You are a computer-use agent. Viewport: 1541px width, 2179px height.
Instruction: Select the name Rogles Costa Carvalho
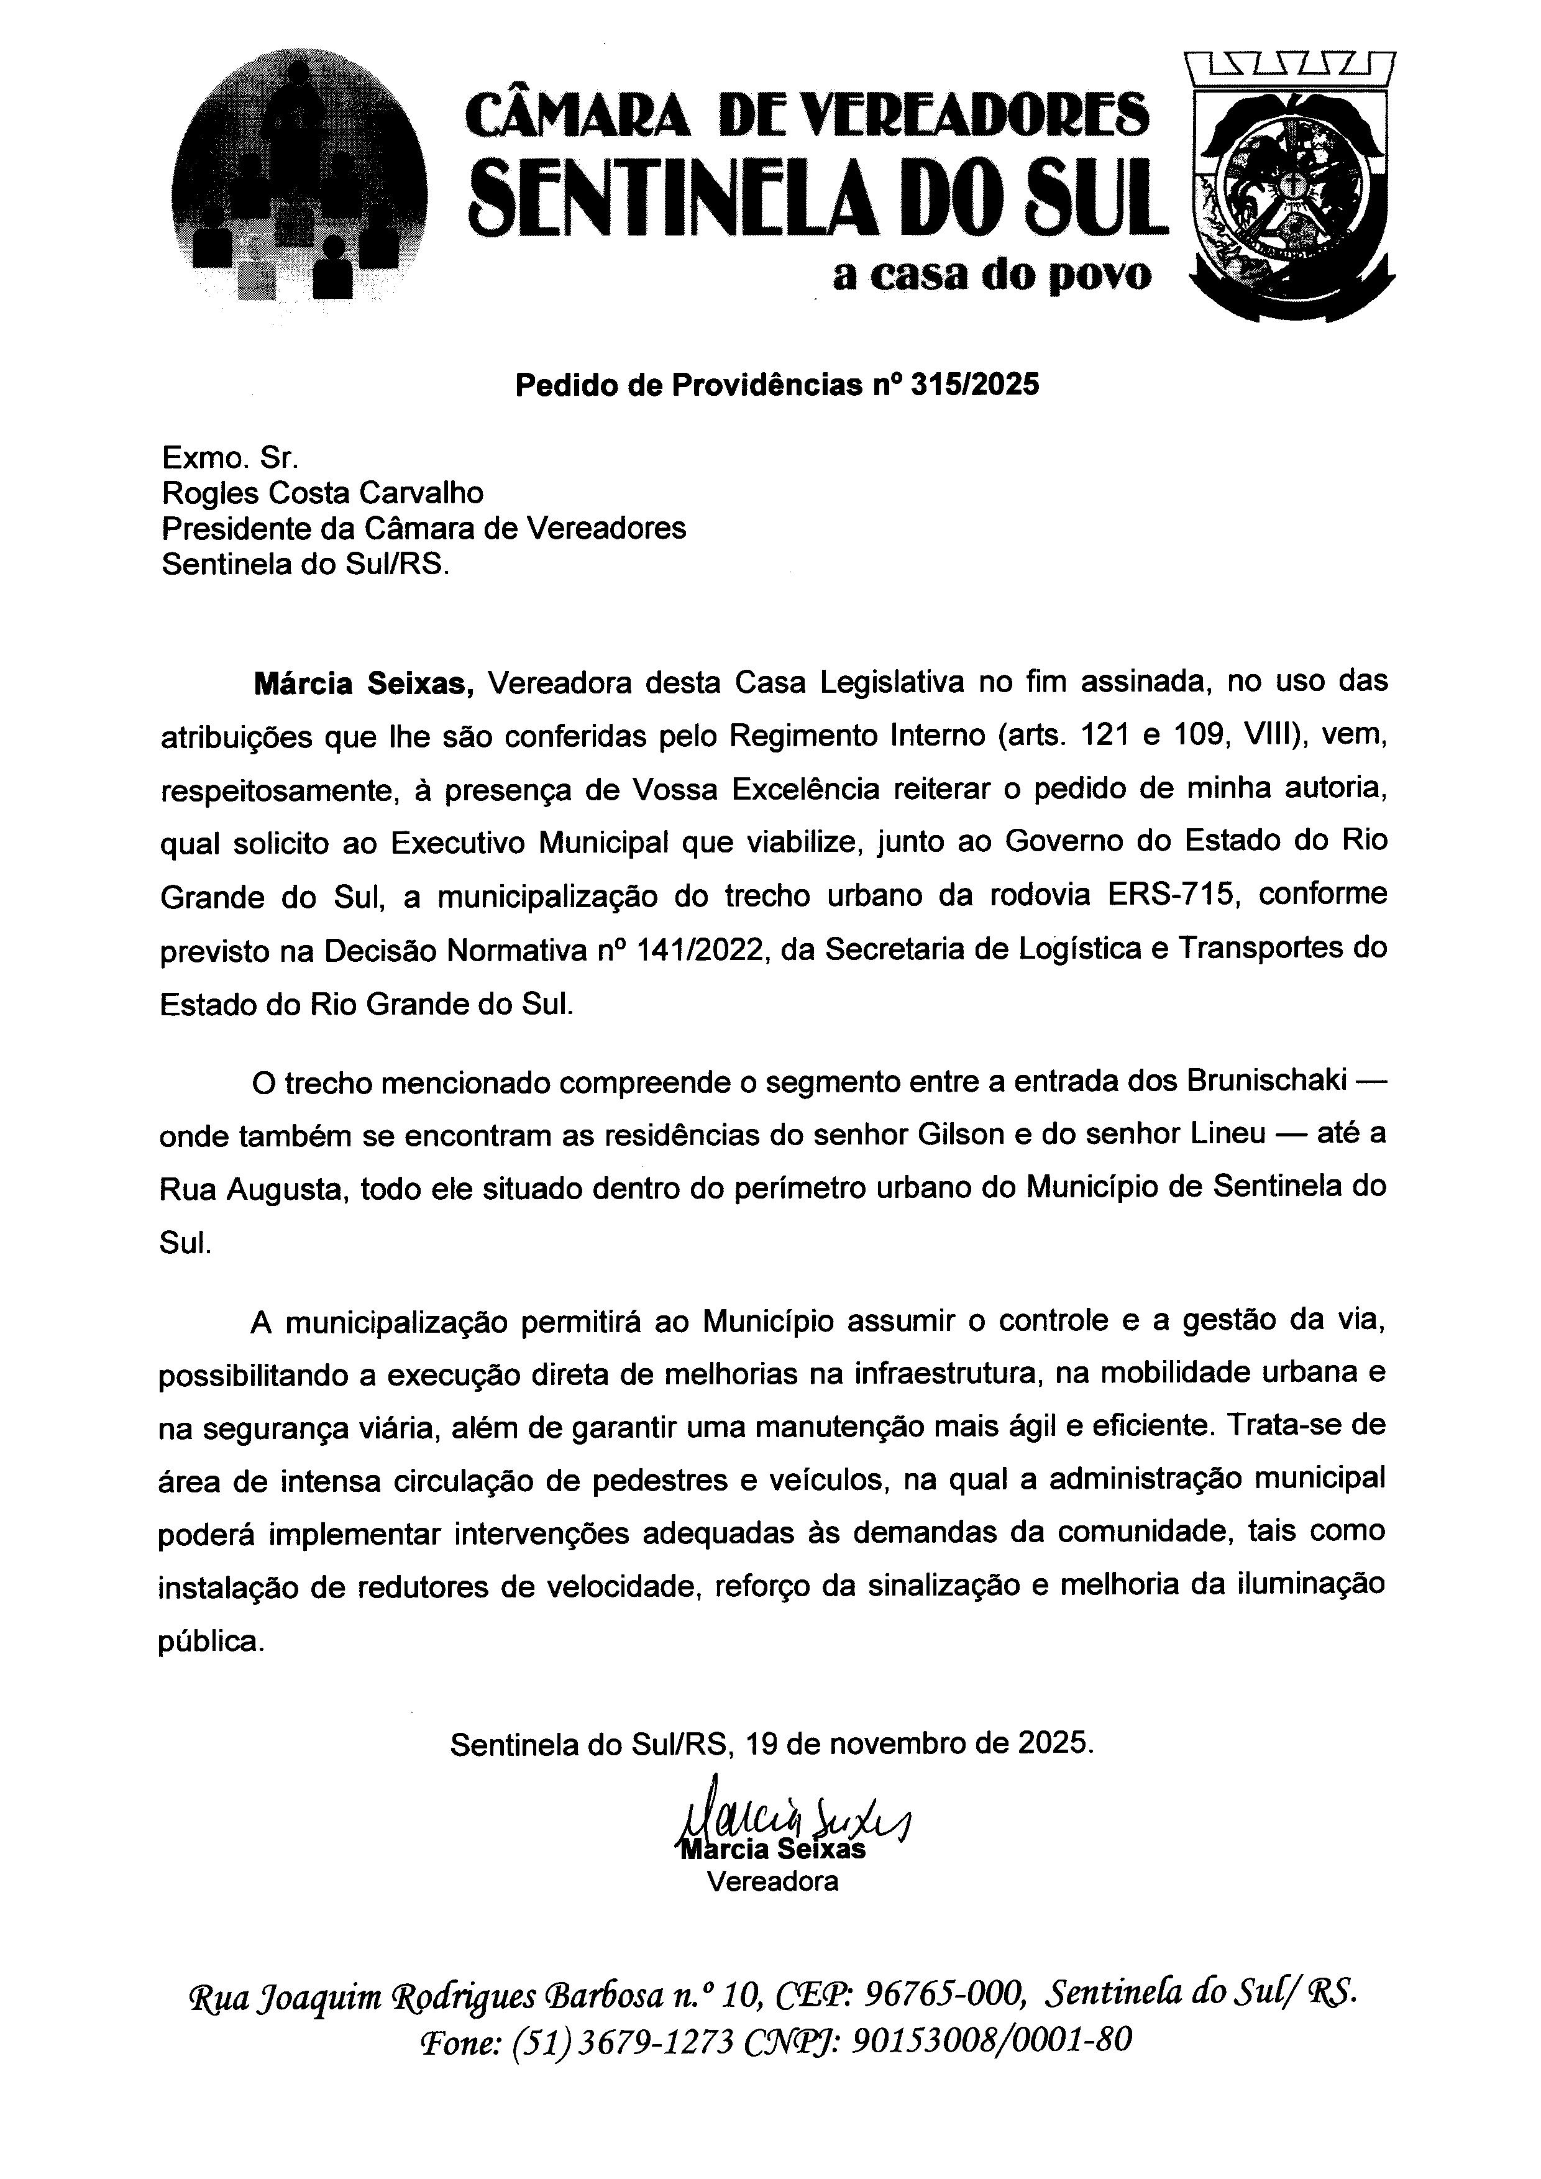click(x=322, y=493)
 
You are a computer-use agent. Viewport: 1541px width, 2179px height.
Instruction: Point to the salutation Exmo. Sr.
click(x=231, y=459)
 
